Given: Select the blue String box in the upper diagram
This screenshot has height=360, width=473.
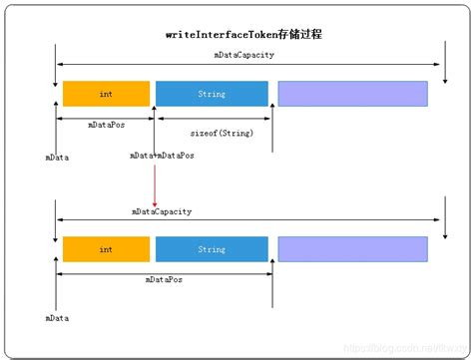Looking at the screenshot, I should [x=212, y=94].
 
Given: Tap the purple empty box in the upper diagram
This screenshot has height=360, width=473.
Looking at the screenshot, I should [x=352, y=94].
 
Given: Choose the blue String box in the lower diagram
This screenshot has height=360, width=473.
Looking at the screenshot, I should [x=212, y=249].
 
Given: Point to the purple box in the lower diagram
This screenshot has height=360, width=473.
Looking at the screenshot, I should [x=352, y=249].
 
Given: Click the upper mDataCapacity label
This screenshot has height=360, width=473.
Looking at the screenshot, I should [x=243, y=54].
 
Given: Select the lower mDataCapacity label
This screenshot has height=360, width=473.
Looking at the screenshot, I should [x=162, y=211].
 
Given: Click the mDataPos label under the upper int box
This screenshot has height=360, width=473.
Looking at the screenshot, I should [x=106, y=126].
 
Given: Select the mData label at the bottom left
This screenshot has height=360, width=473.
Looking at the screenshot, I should [x=57, y=318].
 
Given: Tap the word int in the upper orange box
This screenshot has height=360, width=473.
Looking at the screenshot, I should [x=106, y=94].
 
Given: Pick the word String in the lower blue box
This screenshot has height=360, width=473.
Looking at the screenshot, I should [x=212, y=249].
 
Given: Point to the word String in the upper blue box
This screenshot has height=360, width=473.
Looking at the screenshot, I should [x=212, y=94].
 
